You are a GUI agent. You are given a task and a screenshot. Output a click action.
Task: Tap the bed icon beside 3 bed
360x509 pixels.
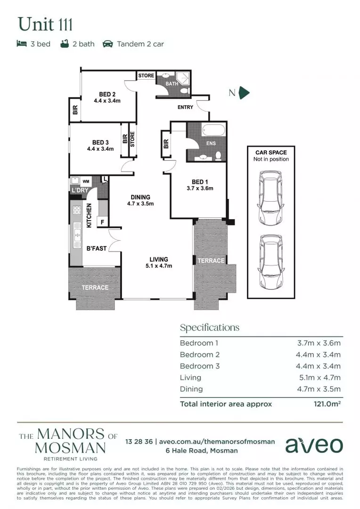[x=21, y=44]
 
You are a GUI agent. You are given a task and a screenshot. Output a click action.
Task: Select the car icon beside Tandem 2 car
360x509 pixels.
[x=107, y=44]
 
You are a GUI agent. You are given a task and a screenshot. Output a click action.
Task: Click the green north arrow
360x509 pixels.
[x=244, y=93]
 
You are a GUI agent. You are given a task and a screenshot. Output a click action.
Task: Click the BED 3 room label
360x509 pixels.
[x=100, y=142]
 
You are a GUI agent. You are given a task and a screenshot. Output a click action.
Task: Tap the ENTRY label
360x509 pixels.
[x=185, y=107]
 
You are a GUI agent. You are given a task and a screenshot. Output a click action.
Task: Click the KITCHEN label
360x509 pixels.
[x=89, y=215]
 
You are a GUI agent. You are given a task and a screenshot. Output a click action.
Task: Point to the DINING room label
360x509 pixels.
[x=140, y=197]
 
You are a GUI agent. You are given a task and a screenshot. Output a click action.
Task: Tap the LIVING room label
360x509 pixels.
[x=159, y=259]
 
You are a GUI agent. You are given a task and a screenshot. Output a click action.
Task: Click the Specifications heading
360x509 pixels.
[x=210, y=328]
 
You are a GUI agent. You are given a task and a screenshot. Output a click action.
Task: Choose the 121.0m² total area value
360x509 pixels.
[x=327, y=404]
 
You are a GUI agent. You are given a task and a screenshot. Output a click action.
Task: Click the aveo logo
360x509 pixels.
[x=314, y=445]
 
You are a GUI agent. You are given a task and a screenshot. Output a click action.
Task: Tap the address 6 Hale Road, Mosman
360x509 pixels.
[x=201, y=451]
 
